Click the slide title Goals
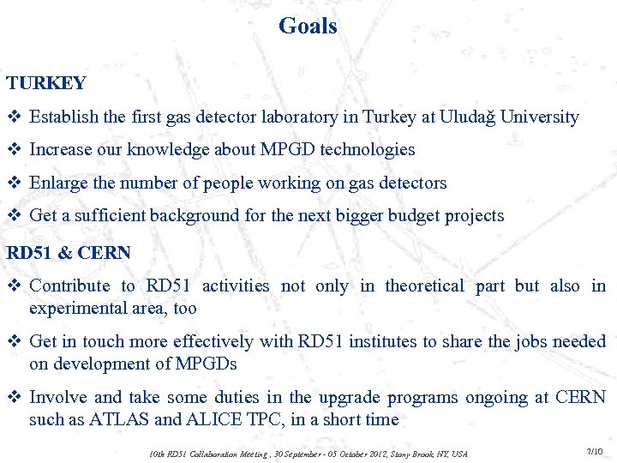[308, 27]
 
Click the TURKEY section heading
[46, 83]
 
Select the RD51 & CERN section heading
[69, 253]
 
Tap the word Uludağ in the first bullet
[468, 117]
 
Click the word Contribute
[69, 286]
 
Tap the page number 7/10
[594, 451]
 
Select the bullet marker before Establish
[15, 117]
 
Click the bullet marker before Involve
[15, 398]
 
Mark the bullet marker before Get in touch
[15, 341]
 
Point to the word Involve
[57, 398]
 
